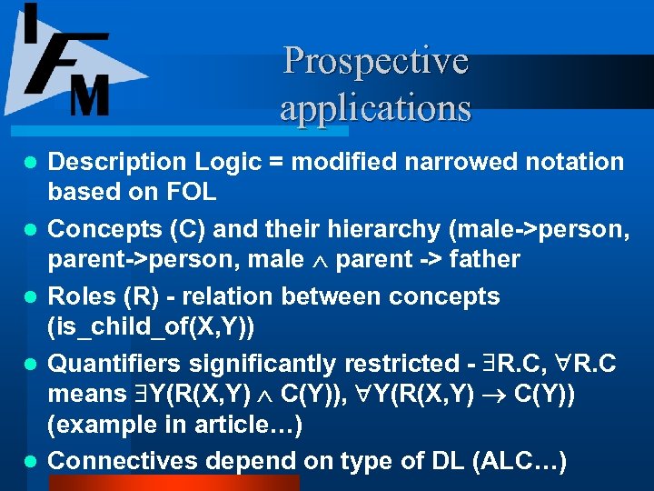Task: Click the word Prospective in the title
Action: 375,61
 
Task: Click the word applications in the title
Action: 375,107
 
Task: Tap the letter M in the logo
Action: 89,93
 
